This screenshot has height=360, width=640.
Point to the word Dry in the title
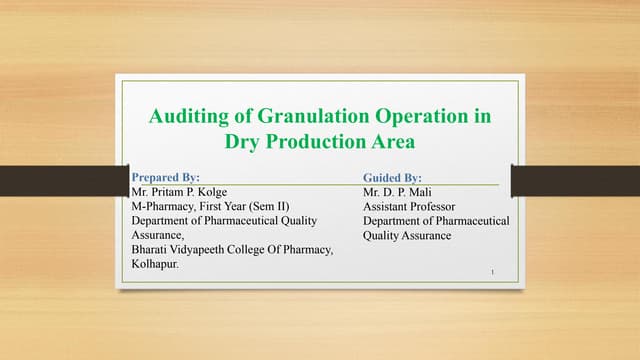coord(247,142)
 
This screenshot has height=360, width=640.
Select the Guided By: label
coord(393,177)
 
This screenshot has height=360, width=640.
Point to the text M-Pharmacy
coord(163,206)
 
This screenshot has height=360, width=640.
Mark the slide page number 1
coord(494,270)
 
